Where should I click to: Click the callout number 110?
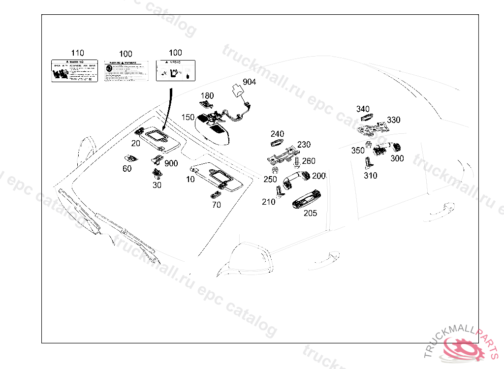click(77, 53)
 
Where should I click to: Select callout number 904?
click(249, 82)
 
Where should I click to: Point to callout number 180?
click(207, 95)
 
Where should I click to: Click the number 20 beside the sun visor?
click(135, 143)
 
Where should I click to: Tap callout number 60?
click(127, 169)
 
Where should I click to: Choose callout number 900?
click(171, 163)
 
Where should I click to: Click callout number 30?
click(157, 185)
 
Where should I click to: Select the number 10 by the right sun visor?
click(190, 180)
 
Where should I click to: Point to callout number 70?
click(217, 205)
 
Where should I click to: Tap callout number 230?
click(304, 145)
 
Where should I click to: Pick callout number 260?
click(309, 161)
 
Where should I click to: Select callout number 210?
click(269, 202)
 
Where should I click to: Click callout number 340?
click(363, 109)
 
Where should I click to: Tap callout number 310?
click(370, 176)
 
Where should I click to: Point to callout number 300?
click(397, 158)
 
